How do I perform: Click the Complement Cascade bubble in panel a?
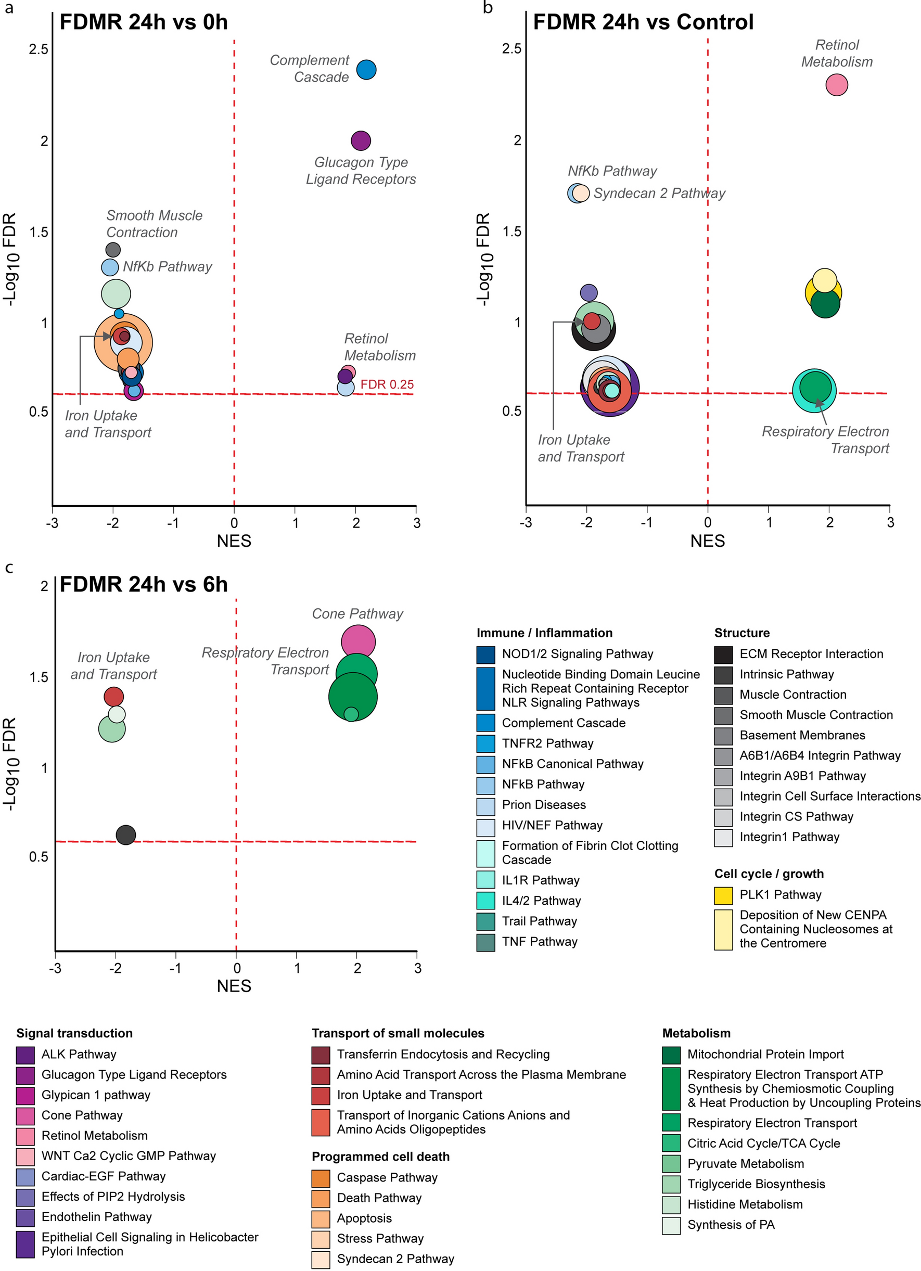pyautogui.click(x=366, y=70)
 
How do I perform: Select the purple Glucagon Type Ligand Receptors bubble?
pyautogui.click(x=361, y=140)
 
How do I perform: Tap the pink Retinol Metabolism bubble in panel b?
pyautogui.click(x=836, y=85)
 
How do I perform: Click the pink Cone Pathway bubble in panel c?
pyautogui.click(x=358, y=642)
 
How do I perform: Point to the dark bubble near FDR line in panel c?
pyautogui.click(x=125, y=835)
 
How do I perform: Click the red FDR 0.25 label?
pyautogui.click(x=387, y=384)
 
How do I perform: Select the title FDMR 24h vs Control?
pyautogui.click(x=643, y=22)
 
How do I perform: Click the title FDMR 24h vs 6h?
pyautogui.click(x=144, y=584)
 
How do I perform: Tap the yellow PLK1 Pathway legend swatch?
pyautogui.click(x=723, y=895)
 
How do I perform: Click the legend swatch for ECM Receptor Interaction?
pyautogui.click(x=723, y=654)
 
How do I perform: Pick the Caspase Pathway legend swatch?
pyautogui.click(x=321, y=1177)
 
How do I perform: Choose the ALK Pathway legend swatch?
pyautogui.click(x=25, y=1054)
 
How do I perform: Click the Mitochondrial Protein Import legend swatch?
pyautogui.click(x=671, y=1054)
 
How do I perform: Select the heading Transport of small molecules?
pyautogui.click(x=398, y=1033)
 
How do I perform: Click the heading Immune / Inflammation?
pyautogui.click(x=544, y=633)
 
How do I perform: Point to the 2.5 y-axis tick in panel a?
pyautogui.click(x=39, y=49)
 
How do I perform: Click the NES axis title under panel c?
pyautogui.click(x=234, y=986)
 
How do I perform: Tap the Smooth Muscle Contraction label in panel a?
pyautogui.click(x=154, y=224)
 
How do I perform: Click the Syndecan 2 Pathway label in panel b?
pyautogui.click(x=659, y=194)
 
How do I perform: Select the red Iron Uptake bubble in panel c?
pyautogui.click(x=114, y=697)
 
